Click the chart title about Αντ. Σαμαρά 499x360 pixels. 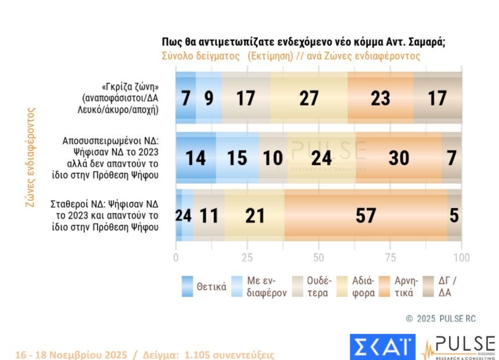pyautogui.click(x=303, y=42)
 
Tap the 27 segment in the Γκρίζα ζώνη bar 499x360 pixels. pyautogui.click(x=308, y=99)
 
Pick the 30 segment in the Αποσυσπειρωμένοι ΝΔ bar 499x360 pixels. pyautogui.click(x=398, y=157)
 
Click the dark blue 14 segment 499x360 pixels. pyautogui.click(x=195, y=157)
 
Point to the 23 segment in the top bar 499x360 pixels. pyautogui.click(x=380, y=99)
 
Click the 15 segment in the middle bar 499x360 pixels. pyautogui.click(x=237, y=157)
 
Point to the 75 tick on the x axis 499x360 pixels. pyautogui.click(x=391, y=257)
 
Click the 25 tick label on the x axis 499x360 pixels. pyautogui.click(x=247, y=257)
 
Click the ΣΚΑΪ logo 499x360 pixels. pyautogui.click(x=383, y=347)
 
